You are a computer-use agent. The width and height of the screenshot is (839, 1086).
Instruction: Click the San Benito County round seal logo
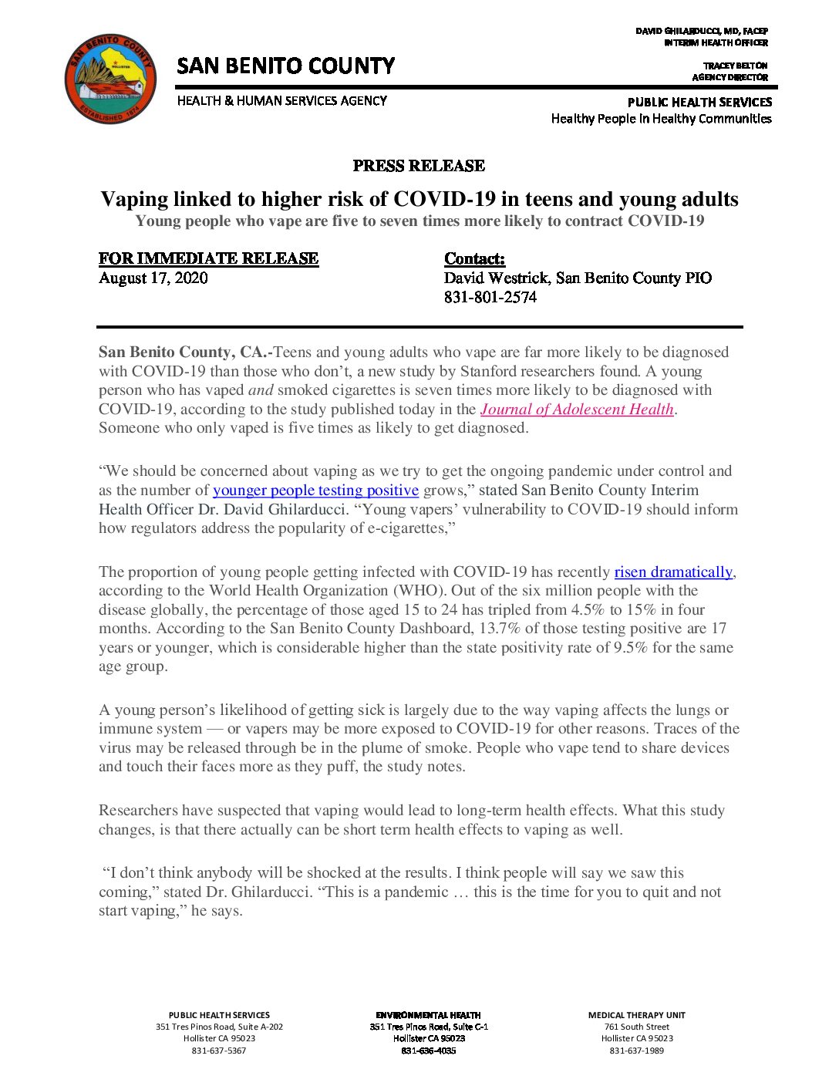110,79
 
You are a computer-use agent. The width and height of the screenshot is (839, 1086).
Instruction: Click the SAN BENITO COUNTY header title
285,66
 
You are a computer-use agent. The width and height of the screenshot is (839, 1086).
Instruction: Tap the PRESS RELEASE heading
419,166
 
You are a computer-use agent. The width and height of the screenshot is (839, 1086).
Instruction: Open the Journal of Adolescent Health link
577,410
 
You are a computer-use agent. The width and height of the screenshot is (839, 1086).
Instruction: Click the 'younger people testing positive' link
315,491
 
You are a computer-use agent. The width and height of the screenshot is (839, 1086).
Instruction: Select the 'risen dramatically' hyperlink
672,572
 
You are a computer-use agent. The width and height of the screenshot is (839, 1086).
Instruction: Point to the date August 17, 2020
153,278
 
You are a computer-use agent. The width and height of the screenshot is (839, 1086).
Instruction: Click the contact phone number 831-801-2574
490,298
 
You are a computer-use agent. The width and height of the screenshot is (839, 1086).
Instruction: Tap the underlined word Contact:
474,259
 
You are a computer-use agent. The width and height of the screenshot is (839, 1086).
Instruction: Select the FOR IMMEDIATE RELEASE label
208,259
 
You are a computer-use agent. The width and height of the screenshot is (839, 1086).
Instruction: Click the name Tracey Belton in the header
735,66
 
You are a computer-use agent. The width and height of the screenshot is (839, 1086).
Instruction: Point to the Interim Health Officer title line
715,43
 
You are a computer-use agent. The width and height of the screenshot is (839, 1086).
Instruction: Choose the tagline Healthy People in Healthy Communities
661,119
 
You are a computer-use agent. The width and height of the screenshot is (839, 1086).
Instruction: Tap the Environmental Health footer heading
428,1015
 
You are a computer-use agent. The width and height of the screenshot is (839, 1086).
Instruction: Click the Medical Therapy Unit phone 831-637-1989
636,1051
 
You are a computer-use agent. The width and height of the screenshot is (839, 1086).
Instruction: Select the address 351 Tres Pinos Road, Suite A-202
219,1027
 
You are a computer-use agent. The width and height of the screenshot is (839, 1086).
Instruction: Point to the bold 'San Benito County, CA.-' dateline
185,352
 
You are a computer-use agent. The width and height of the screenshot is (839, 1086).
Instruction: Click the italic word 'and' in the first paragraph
261,390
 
